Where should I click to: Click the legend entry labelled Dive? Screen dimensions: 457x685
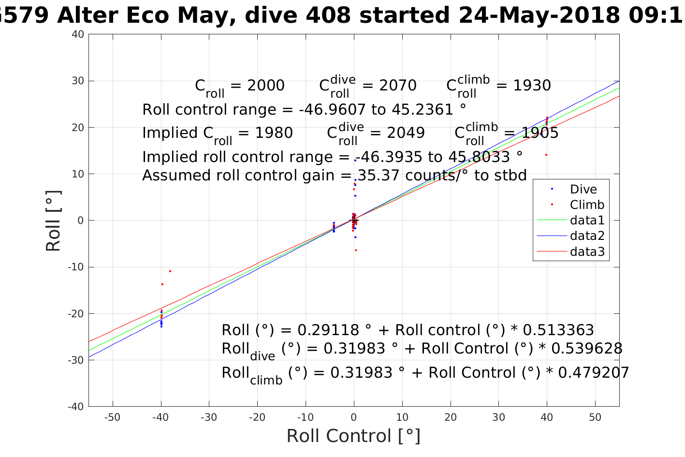583,190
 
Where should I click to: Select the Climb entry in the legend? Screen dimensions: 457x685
587,205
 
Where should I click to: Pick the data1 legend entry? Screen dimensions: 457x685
587,221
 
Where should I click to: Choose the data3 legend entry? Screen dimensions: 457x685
587,251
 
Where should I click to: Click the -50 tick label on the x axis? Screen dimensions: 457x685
112,417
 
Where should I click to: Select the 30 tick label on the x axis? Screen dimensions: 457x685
498,417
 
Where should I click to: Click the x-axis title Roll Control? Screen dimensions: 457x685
353,436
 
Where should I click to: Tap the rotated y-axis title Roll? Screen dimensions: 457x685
53,221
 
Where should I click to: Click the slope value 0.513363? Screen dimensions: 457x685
558,330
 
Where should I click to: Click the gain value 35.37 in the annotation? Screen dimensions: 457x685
377,175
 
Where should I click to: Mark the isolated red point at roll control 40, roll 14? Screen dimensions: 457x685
546,155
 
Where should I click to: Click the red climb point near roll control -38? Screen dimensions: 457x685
170,271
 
